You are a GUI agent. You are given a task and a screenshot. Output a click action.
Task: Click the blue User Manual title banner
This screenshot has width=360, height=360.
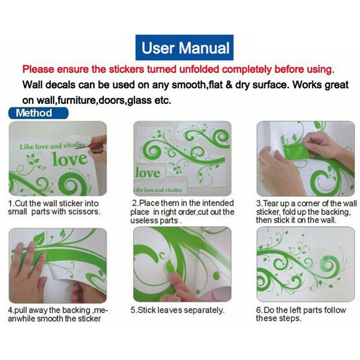coord(184,48)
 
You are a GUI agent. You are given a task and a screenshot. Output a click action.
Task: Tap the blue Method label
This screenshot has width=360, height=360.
coord(38,113)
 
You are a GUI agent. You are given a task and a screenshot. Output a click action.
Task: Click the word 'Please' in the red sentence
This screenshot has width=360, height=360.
coord(38,69)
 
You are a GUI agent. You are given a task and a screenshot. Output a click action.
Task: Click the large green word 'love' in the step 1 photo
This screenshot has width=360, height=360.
coord(70,159)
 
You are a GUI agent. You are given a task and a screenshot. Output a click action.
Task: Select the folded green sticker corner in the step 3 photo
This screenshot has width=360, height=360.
coord(296,151)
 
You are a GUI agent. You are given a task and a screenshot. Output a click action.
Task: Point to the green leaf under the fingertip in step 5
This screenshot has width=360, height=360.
coord(170,267)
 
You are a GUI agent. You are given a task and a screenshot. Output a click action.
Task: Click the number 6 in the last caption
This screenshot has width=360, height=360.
coord(259,310)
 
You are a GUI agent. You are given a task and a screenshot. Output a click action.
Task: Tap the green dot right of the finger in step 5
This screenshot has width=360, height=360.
coord(216,276)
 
